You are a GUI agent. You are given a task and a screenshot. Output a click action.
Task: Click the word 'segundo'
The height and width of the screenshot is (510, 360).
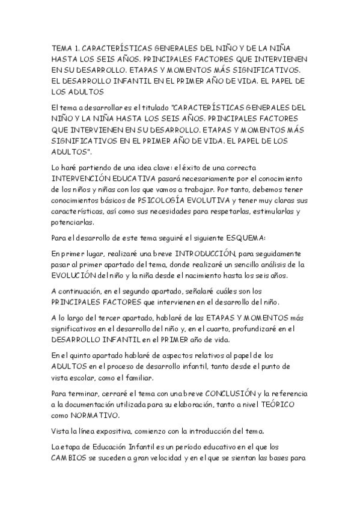pos(132,291)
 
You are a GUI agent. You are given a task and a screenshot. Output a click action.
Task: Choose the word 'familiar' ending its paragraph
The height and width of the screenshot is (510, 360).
pos(136,378)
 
